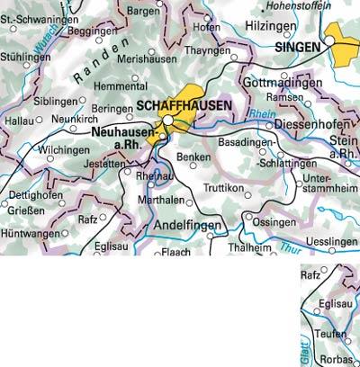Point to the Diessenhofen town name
click(x=311, y=123)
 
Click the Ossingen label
click(x=273, y=221)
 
